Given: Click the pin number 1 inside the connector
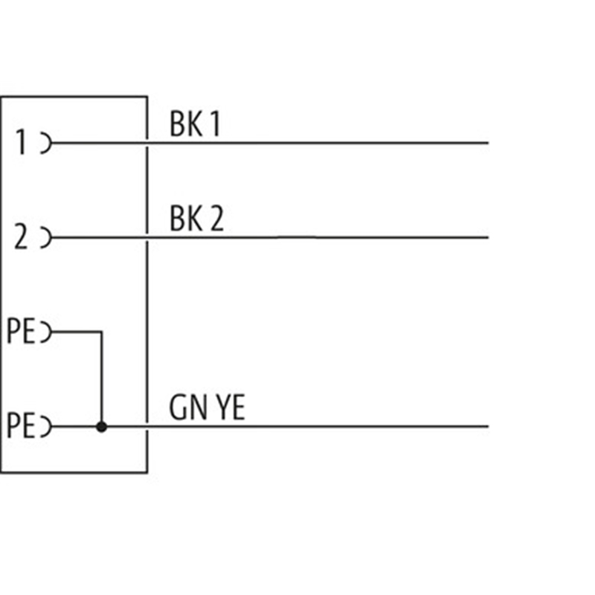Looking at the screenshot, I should (22, 142).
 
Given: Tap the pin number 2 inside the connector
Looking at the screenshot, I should (22, 238).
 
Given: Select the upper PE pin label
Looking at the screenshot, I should (21, 331).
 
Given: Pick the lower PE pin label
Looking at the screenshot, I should (21, 427).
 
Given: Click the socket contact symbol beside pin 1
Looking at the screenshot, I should (46, 142).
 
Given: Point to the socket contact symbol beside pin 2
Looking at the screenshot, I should (46, 238).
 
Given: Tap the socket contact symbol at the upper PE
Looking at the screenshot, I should (46, 331).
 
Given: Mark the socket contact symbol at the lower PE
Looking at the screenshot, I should (46, 427).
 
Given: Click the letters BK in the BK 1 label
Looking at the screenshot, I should (187, 125).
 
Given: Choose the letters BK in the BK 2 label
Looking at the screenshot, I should (187, 220).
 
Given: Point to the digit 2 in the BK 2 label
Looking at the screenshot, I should (215, 220).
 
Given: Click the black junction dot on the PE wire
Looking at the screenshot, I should (102, 427).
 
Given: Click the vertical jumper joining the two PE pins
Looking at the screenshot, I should (101, 379).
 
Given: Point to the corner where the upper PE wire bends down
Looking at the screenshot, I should (101, 332).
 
